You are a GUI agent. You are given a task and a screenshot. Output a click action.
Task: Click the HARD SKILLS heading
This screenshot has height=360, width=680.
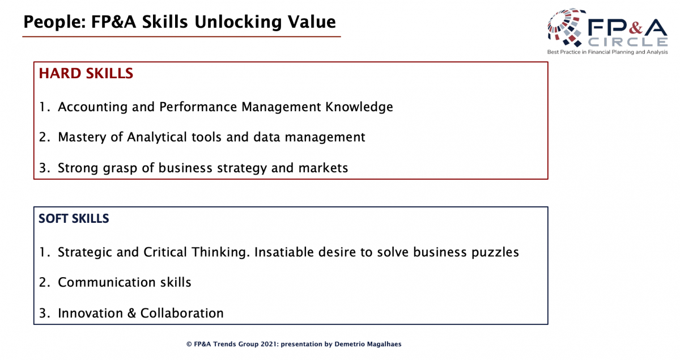coord(86,74)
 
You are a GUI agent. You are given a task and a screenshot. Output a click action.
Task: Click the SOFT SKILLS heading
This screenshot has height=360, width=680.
coord(74,218)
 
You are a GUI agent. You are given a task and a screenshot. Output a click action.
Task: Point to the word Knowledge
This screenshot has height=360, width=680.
coord(359,107)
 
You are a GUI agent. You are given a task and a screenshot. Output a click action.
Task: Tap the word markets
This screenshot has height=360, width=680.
coord(323,168)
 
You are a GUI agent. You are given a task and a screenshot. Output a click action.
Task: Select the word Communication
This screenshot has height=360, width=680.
coord(107,282)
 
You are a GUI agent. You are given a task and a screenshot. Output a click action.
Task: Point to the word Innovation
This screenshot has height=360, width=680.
coord(90,313)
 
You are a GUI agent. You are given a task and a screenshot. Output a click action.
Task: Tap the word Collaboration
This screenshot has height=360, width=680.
coord(182,313)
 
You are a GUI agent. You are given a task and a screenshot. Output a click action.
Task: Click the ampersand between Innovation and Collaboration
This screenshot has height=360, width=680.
coord(131,313)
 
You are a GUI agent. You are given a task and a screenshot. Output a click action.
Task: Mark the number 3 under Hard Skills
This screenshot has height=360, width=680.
coord(44,168)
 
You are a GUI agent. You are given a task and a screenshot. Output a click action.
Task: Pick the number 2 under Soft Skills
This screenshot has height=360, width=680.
coord(44,282)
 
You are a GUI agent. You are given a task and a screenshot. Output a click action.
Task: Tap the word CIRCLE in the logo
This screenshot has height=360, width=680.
coord(627,42)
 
